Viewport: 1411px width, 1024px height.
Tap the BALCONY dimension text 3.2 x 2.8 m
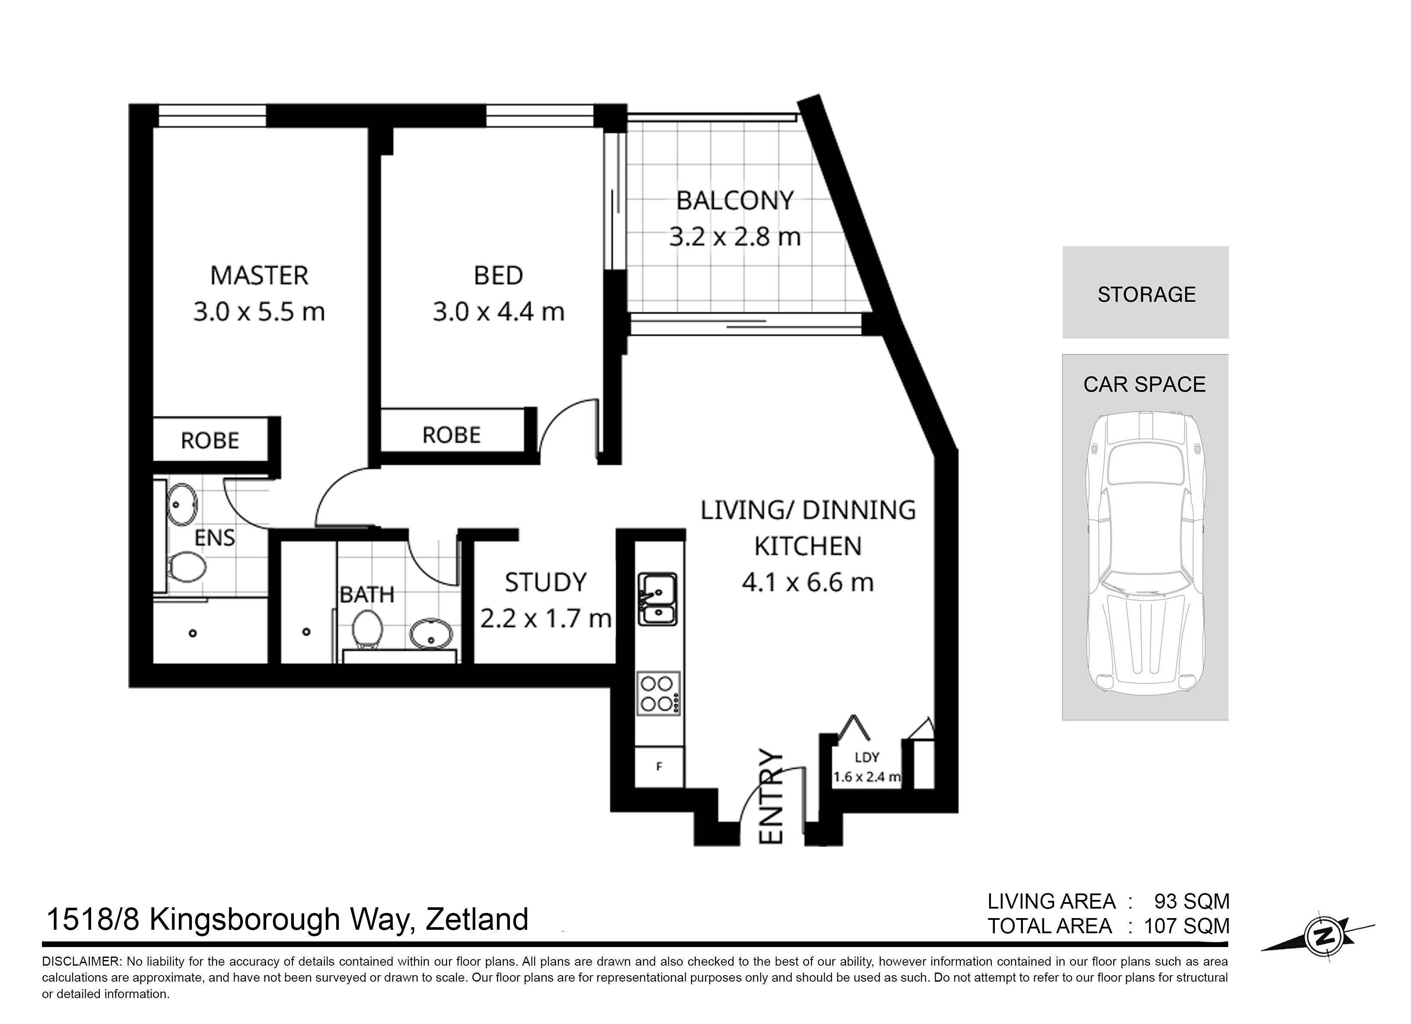[x=735, y=237]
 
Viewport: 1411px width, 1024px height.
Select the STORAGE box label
[x=1147, y=294]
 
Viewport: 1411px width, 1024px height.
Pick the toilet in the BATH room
[x=367, y=629]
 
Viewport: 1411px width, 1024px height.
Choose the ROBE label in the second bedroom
[x=452, y=435]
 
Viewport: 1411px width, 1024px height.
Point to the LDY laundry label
[x=866, y=757]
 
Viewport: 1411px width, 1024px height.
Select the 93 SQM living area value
[x=1192, y=901]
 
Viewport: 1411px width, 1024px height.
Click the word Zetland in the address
[x=477, y=919]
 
